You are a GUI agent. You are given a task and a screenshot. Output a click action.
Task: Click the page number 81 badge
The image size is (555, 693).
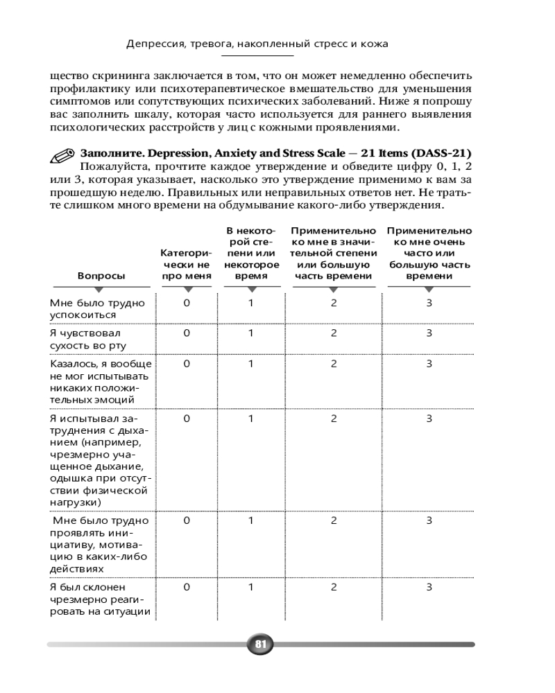tap(260, 644)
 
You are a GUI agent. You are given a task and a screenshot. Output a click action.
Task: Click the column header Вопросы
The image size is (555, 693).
tap(101, 276)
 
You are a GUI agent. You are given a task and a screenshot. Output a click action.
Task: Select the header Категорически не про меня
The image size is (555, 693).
tap(186, 264)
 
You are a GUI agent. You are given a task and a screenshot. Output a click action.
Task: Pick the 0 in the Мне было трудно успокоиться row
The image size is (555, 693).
tap(186, 303)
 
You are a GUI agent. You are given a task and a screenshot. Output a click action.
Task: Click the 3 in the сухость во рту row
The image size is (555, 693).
tap(429, 333)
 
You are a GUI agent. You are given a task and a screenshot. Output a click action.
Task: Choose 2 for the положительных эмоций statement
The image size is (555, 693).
tap(334, 363)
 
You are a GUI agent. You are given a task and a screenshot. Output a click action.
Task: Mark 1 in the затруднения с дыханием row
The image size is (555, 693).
tap(251, 419)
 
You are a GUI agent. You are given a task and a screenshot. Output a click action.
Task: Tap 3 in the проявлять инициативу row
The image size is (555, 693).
tap(429, 520)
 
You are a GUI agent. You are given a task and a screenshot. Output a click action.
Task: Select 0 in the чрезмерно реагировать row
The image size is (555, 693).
tap(186, 587)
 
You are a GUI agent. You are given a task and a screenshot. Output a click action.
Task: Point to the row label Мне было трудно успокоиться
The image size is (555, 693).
tap(97, 309)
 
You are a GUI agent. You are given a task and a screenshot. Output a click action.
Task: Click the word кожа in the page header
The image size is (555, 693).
tap(374, 44)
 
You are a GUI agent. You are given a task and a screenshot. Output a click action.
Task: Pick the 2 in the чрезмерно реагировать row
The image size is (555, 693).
tap(334, 587)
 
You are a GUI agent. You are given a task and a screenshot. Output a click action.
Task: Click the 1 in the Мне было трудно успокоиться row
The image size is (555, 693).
tap(251, 303)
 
